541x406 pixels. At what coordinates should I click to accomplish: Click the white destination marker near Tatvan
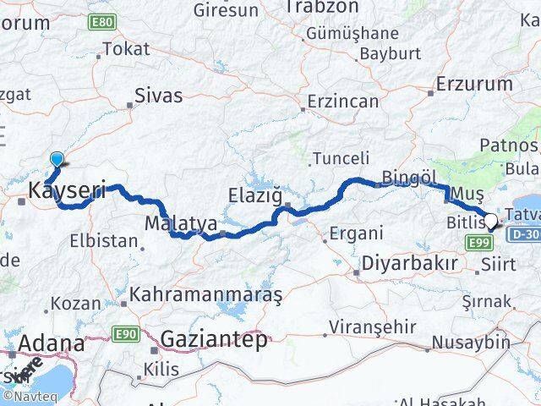tap(492, 222)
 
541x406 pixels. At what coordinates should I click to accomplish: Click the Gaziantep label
tap(214, 339)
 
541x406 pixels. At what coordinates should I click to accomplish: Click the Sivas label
tap(159, 96)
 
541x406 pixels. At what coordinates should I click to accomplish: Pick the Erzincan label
tap(343, 101)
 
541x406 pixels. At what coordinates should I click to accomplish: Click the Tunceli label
tap(341, 158)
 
